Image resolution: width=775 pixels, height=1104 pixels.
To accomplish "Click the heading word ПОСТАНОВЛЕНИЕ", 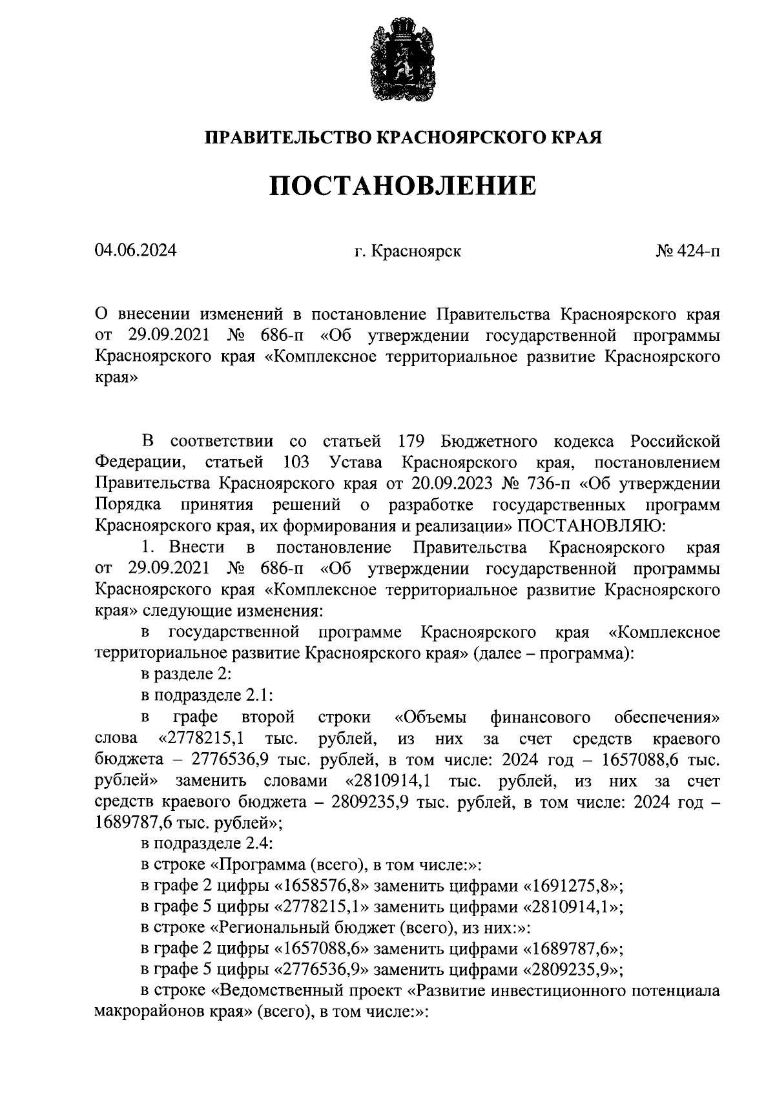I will (x=402, y=186).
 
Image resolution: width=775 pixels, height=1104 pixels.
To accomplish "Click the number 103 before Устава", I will (x=296, y=462).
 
